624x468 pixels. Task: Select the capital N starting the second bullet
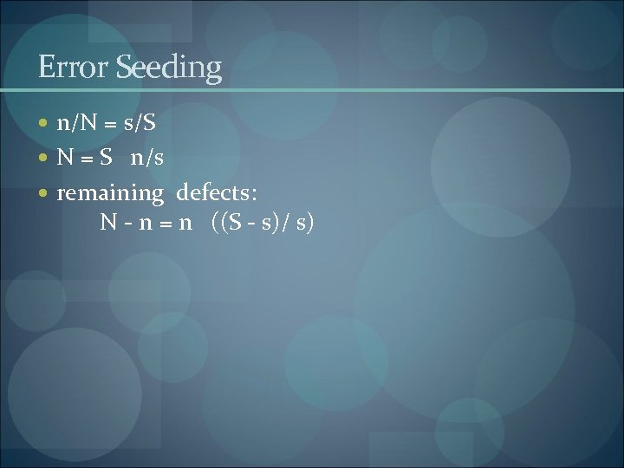point(66,158)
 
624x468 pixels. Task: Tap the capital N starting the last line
point(108,223)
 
